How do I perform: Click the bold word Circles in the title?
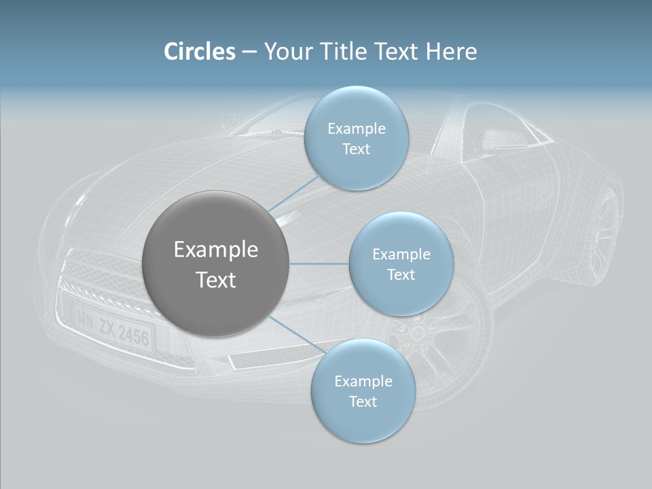[x=199, y=52]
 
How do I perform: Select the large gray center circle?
[x=216, y=264]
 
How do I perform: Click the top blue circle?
[x=356, y=139]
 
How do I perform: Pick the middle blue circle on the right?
[x=401, y=264]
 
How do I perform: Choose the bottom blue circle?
[x=363, y=391]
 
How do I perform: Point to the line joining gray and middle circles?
[x=319, y=264]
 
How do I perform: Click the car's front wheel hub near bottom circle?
[x=416, y=333]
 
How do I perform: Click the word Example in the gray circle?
[x=216, y=250]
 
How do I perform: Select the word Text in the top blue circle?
[x=356, y=149]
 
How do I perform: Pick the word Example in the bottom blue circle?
[x=363, y=381]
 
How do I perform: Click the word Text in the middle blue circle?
[x=401, y=275]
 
